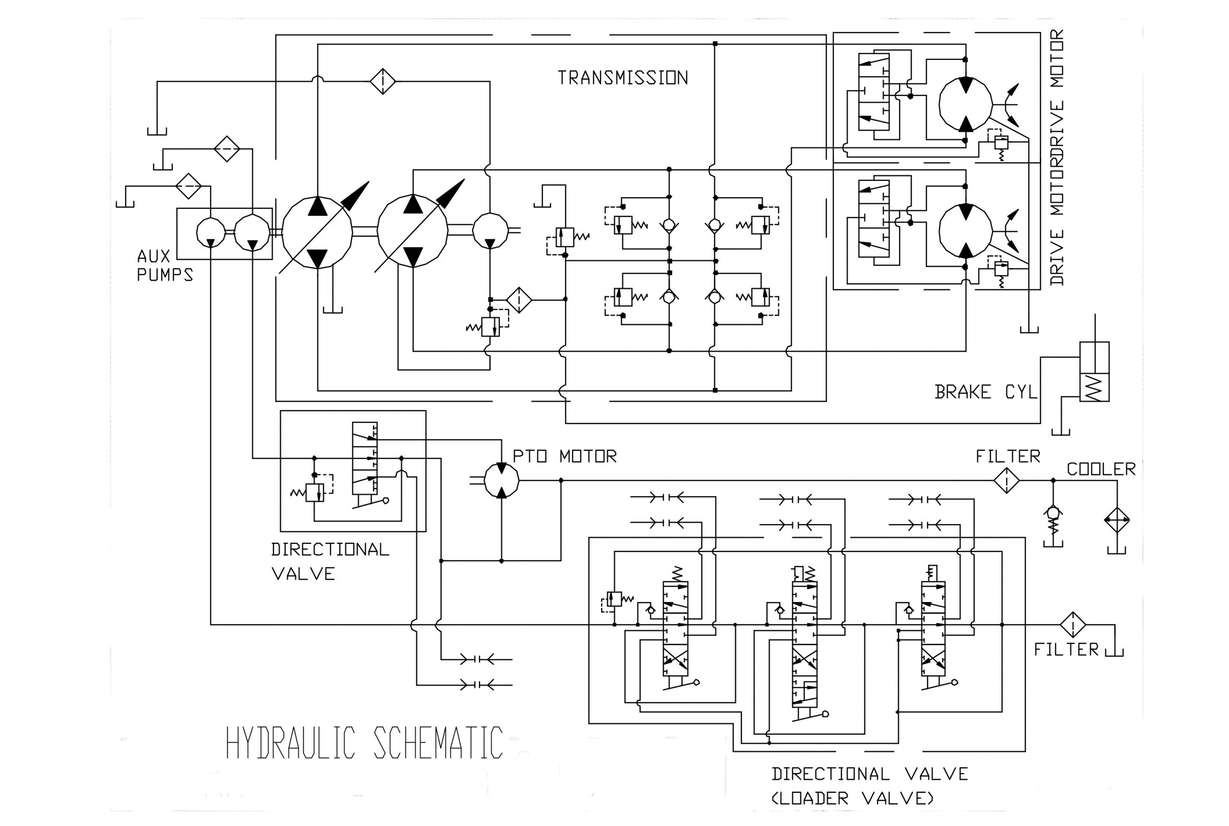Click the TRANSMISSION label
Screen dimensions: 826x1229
[x=623, y=78]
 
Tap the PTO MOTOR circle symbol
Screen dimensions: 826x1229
[x=501, y=480]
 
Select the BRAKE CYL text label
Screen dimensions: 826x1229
[x=985, y=392]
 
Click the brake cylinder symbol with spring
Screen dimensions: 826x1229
[x=1094, y=372]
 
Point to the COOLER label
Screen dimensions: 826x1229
[x=1101, y=469]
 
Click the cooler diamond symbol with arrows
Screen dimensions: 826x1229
[x=1117, y=520]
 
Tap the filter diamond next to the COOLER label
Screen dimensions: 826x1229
[x=1006, y=480]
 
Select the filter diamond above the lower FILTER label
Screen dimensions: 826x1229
[x=1073, y=625]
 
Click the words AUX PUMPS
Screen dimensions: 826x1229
[x=164, y=265]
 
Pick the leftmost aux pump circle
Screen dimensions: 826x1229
[x=210, y=232]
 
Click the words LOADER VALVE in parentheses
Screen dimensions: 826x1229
[x=852, y=799]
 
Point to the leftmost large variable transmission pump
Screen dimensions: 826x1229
[x=317, y=232]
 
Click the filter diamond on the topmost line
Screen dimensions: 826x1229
[x=383, y=82]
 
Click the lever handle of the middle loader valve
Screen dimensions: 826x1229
[x=824, y=714]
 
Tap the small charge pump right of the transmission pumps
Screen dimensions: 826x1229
[x=490, y=230]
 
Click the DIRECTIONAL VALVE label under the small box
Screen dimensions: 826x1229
[x=329, y=561]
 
